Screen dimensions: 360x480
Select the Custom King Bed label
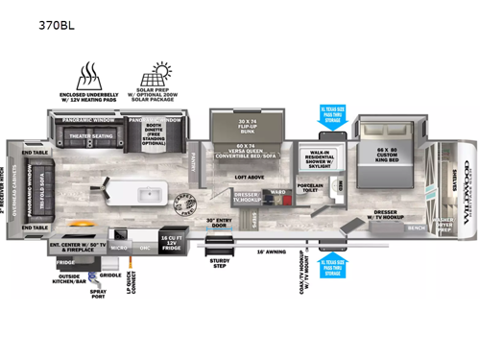[382, 154]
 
